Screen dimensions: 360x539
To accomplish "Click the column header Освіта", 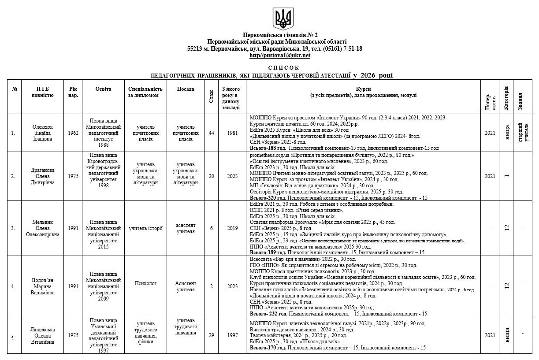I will (x=104, y=89).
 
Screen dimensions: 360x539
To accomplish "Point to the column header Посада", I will (x=186, y=89).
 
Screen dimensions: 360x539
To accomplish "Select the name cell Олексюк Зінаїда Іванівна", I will (x=42, y=133).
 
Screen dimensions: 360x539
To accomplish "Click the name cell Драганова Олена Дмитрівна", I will (x=42, y=176).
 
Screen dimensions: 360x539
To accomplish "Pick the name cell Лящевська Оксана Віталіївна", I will (x=42, y=335).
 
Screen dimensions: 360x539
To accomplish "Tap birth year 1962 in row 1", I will (x=73, y=133).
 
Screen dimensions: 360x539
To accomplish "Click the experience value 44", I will (x=212, y=133).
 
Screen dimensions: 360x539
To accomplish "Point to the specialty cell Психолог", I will (x=145, y=284).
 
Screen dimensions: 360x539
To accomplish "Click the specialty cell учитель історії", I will (x=145, y=228).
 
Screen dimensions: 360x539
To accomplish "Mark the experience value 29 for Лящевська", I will (x=212, y=335).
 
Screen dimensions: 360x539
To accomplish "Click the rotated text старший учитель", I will (x=520, y=133).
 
